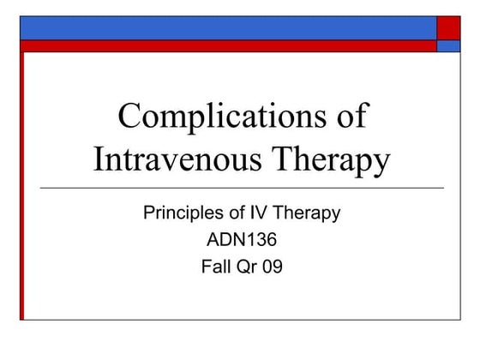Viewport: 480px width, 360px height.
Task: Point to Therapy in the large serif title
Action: [334, 159]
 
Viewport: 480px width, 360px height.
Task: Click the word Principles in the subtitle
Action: [181, 213]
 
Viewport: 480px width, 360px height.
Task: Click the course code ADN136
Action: [242, 240]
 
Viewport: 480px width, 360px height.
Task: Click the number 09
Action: [272, 267]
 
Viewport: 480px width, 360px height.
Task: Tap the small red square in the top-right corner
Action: [448, 27]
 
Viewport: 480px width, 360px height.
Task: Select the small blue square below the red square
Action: [448, 46]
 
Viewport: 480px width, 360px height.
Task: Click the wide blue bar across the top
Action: [227, 27]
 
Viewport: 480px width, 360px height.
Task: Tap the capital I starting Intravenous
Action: [99, 159]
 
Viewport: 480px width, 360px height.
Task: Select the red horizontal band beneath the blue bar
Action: [227, 46]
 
